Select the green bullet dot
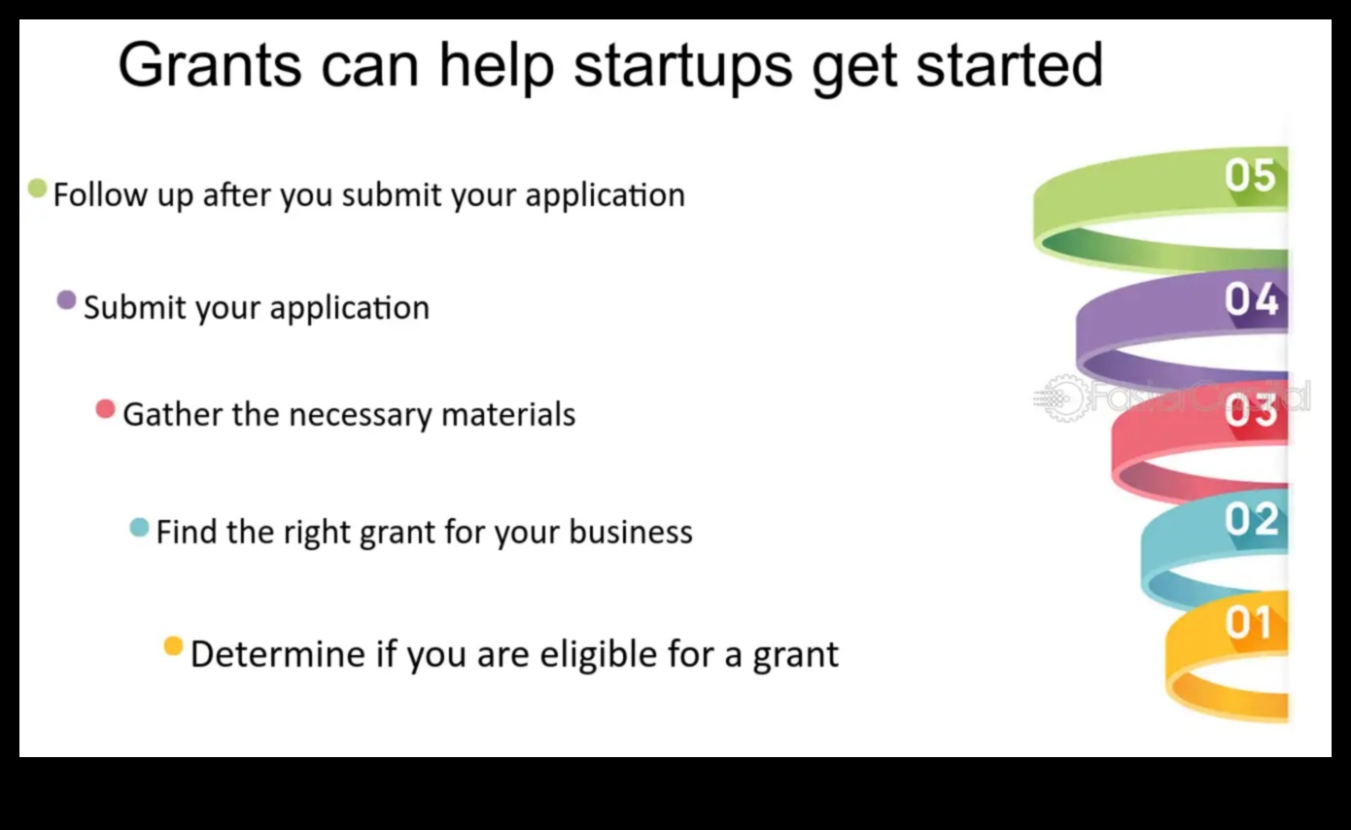click(x=38, y=189)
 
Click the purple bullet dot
click(x=66, y=300)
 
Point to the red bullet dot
click(x=105, y=409)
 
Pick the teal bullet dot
click(x=139, y=528)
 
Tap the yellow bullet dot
click(x=173, y=646)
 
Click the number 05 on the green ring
click(x=1250, y=176)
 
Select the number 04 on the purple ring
click(x=1251, y=299)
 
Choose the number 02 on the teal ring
click(x=1251, y=520)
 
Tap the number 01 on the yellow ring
click(x=1248, y=623)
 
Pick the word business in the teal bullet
click(x=631, y=533)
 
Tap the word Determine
click(x=277, y=653)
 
